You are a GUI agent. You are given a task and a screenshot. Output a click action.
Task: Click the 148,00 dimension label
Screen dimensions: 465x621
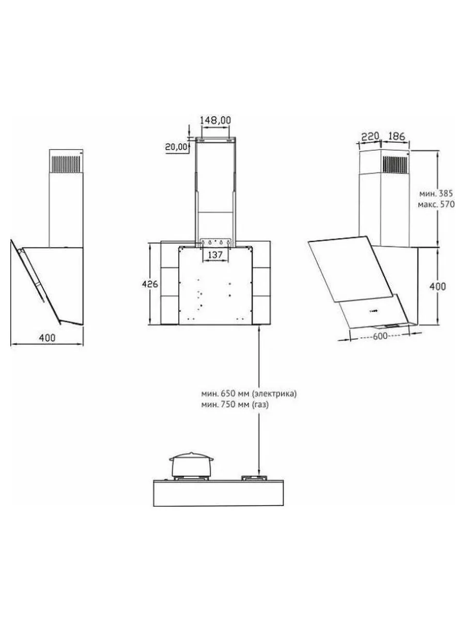215,120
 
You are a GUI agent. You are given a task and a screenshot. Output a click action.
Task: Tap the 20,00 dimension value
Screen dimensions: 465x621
177,146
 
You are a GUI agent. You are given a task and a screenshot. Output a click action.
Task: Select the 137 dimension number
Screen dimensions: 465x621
215,255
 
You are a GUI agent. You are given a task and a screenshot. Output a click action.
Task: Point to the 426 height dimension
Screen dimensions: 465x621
150,284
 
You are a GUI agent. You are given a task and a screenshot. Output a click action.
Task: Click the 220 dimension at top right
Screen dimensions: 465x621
370,137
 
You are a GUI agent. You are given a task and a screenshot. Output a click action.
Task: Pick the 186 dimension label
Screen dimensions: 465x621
397,137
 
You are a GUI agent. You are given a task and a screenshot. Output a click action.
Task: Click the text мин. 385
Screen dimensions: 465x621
436,194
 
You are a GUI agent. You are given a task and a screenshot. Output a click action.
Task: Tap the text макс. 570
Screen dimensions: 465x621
436,204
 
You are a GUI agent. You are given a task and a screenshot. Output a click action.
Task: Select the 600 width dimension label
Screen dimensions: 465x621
380,336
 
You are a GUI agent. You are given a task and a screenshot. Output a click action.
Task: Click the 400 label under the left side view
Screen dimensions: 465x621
47,337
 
